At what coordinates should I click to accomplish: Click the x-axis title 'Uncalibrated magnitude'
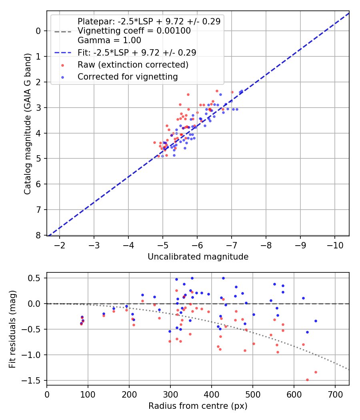[198, 257]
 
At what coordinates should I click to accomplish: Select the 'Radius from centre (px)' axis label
[198, 406]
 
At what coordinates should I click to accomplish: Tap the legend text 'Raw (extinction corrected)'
[133, 64]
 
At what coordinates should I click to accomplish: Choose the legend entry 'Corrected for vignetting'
[128, 77]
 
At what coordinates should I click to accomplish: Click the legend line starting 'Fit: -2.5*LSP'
[137, 52]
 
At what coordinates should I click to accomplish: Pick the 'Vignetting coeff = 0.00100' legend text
[134, 31]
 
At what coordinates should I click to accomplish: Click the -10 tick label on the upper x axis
[335, 244]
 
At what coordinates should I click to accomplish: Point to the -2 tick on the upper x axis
[60, 244]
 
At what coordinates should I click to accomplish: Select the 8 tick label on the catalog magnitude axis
[38, 235]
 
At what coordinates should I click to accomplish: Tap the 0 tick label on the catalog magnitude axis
[38, 31]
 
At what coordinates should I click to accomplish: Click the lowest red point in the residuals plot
[307, 380]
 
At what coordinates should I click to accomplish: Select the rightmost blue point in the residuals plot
[316, 321]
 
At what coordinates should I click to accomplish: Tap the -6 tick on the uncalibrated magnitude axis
[197, 244]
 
